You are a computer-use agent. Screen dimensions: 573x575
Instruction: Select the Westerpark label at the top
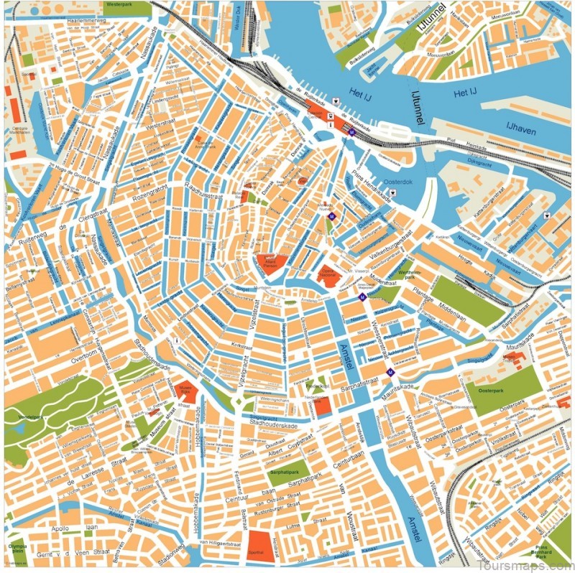click(x=121, y=4)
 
